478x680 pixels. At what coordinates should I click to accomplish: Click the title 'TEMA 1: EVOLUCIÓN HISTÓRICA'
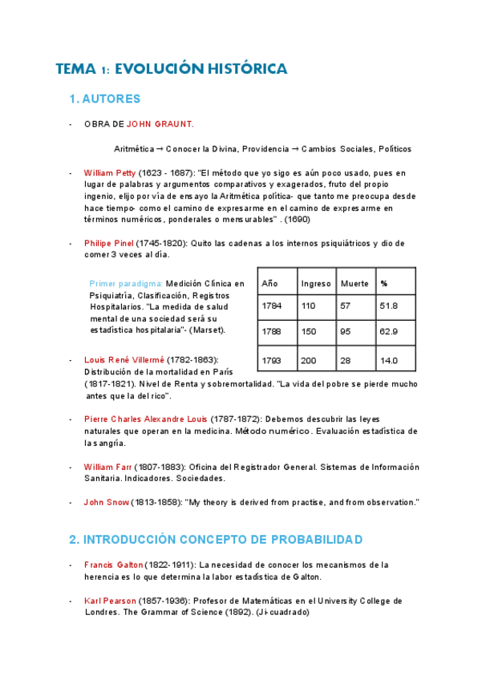pos(171,69)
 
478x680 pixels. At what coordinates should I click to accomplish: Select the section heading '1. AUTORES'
pos(105,99)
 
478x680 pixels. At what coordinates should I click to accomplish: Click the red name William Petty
pos(110,172)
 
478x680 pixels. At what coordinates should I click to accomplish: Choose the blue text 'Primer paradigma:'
pos(126,284)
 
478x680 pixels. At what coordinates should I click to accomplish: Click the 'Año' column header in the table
pos(269,284)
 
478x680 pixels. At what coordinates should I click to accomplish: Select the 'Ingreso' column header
pos(315,284)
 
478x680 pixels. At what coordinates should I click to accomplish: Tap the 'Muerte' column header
pos(354,284)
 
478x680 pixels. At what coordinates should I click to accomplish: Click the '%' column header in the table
pos(384,284)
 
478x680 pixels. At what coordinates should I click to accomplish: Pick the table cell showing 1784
pos(272,306)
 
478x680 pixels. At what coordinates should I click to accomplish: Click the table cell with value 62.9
pos(389,332)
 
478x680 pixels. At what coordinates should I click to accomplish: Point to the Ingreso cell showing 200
pos(309,361)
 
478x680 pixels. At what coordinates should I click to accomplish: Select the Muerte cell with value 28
pos(346,361)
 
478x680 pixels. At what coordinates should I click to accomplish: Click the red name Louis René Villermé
pos(124,360)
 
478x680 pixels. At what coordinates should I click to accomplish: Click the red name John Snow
pos(103,502)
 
